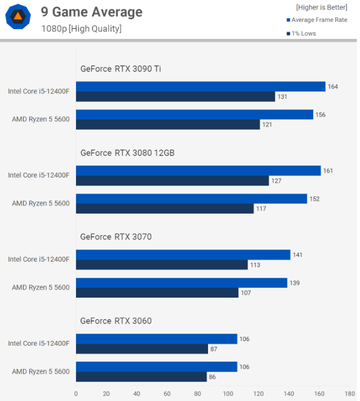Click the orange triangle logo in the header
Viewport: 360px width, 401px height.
click(18, 17)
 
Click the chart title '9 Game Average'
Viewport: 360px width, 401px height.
click(91, 12)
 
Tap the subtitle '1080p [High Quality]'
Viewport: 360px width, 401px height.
click(81, 29)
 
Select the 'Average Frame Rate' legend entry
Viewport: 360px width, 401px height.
click(317, 20)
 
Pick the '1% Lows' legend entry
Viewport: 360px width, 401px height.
click(301, 34)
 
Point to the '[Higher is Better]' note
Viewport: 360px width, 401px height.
click(322, 7)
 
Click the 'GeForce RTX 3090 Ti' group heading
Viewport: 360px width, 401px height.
click(121, 69)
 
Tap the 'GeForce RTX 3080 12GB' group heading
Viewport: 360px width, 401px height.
click(127, 153)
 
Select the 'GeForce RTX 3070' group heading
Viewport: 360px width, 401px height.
click(116, 237)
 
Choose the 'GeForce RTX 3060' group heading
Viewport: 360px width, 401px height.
click(116, 321)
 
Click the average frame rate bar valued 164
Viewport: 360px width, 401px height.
click(201, 87)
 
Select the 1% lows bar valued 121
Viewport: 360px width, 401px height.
click(168, 125)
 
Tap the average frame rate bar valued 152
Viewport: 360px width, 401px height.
click(191, 199)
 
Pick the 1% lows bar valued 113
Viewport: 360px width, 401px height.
click(162, 264)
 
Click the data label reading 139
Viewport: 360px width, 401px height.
click(294, 283)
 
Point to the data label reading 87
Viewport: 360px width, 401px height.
click(214, 349)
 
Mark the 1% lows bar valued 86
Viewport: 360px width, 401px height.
click(141, 376)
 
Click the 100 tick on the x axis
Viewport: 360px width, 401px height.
click(228, 394)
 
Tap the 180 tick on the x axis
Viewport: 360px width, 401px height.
click(350, 394)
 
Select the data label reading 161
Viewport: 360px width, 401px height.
click(328, 171)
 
